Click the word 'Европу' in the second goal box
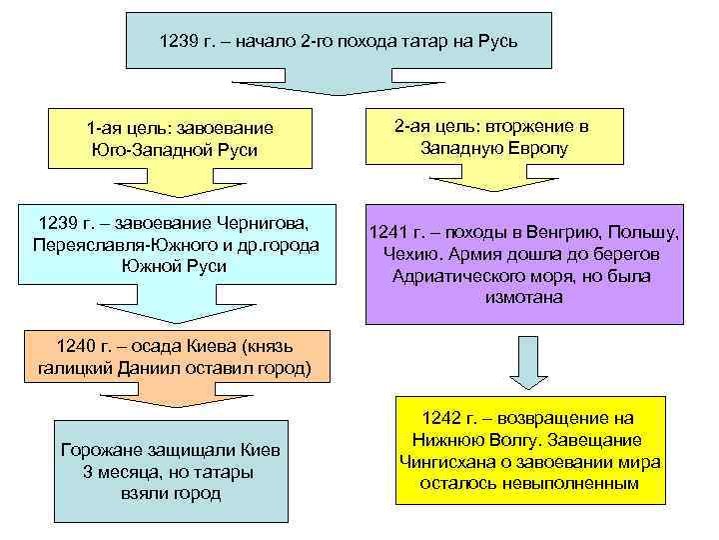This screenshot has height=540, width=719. [x=542, y=148]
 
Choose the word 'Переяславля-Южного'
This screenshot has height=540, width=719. [x=107, y=245]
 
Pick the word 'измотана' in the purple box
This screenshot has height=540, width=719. [x=524, y=298]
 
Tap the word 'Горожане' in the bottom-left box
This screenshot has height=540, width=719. [x=103, y=450]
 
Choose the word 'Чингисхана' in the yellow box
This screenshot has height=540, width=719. [x=448, y=461]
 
